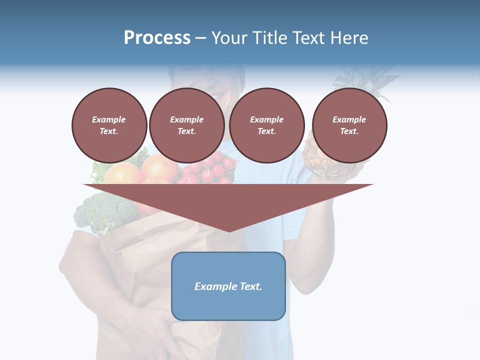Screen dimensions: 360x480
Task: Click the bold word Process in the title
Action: pyautogui.click(x=157, y=38)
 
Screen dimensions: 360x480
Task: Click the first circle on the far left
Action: pyautogui.click(x=109, y=125)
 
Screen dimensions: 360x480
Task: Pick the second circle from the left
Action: pyautogui.click(x=186, y=125)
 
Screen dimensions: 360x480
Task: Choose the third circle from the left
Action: pyautogui.click(x=266, y=125)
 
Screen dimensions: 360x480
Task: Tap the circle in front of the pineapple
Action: pyautogui.click(x=349, y=125)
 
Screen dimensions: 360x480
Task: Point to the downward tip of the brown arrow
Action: pyautogui.click(x=229, y=230)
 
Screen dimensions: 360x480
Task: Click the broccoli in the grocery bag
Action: pyautogui.click(x=102, y=212)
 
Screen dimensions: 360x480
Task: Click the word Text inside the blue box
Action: pyautogui.click(x=250, y=286)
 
